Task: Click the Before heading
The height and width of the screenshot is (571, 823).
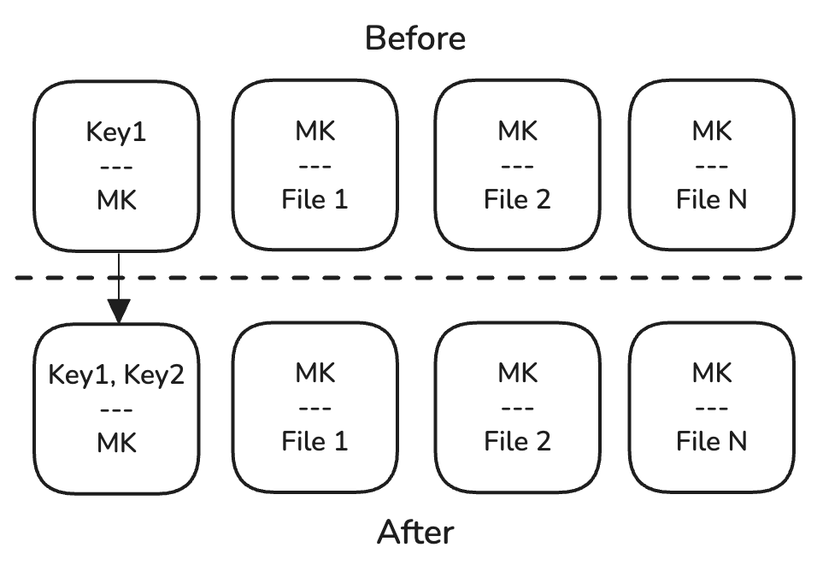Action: (415, 38)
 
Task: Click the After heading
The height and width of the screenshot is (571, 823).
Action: (415, 533)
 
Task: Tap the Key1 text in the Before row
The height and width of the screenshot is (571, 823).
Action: (116, 132)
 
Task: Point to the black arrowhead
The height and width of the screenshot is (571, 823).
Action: (117, 309)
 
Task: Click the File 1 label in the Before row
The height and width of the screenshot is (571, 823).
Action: (315, 199)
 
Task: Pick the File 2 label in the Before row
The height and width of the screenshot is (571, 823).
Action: (517, 199)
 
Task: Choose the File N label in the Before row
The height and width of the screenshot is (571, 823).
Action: (711, 199)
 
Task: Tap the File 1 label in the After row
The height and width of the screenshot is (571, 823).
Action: (315, 441)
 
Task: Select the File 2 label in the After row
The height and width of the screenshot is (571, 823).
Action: (517, 441)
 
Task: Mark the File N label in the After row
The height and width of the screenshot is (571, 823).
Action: (711, 441)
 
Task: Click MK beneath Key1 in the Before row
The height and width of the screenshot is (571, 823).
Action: (116, 199)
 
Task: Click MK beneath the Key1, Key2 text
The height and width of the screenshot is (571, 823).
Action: (116, 442)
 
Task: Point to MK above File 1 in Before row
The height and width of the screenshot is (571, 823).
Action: (315, 132)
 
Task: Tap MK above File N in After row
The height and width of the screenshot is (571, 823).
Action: (711, 374)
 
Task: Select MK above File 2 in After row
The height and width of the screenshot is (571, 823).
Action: (517, 374)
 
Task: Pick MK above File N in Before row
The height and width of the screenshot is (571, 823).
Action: (711, 132)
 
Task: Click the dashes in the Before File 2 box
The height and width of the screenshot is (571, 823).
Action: (517, 166)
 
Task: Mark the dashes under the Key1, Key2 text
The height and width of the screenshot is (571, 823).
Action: (116, 409)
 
